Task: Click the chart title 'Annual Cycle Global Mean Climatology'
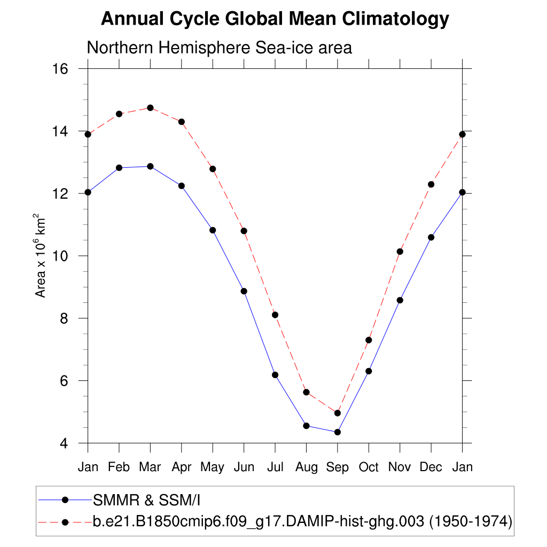[275, 19]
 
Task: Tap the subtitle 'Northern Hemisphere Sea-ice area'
[219, 48]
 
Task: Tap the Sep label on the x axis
[338, 467]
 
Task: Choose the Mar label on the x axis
[150, 467]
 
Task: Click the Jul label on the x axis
[275, 467]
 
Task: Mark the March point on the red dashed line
[150, 108]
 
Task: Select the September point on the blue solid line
[338, 432]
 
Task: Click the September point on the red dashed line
[338, 413]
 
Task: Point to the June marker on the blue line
[244, 291]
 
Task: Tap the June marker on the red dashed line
[244, 231]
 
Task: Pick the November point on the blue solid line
[400, 300]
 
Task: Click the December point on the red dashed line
[431, 184]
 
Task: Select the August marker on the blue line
[306, 426]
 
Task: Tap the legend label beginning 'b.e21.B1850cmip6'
[302, 521]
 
